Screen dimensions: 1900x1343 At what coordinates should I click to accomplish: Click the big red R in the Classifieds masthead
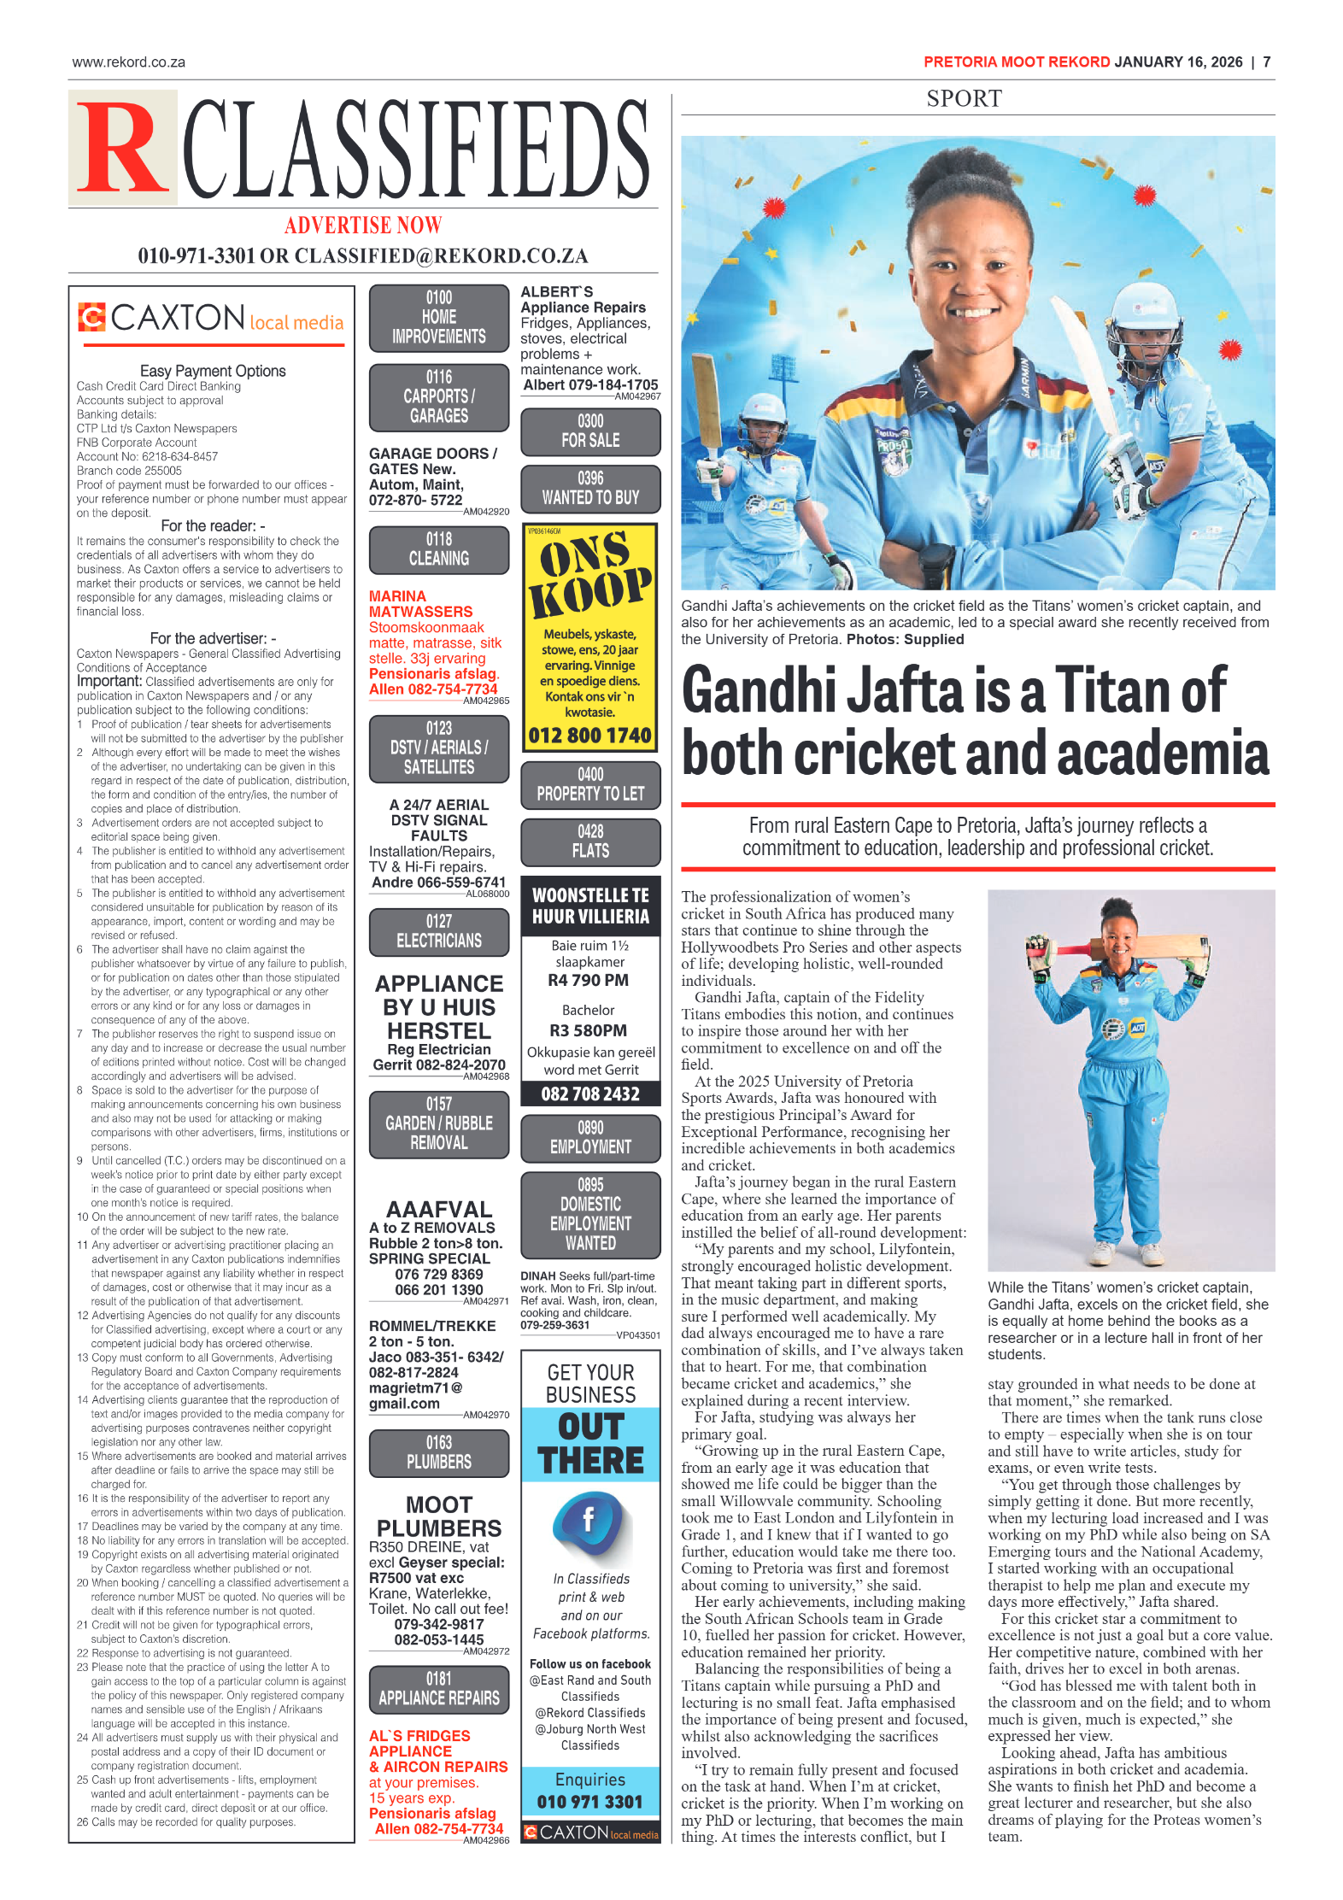[x=122, y=149]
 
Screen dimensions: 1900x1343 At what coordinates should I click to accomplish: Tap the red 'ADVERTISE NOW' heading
[x=363, y=226]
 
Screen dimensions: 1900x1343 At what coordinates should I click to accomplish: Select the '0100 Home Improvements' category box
[x=439, y=318]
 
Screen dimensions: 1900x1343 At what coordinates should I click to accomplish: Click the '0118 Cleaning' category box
[x=439, y=549]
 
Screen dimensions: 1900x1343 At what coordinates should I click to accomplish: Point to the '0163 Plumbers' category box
[x=439, y=1453]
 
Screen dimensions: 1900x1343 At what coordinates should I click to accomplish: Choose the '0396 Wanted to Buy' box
[x=590, y=489]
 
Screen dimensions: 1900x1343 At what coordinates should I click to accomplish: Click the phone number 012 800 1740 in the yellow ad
[x=589, y=736]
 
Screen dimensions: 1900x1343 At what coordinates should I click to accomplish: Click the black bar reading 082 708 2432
[x=590, y=1094]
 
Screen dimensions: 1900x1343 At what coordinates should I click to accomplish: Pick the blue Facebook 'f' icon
[x=589, y=1520]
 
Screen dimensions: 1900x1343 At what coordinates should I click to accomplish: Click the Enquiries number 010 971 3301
[x=589, y=1802]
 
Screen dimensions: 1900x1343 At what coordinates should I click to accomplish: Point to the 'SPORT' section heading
[x=964, y=99]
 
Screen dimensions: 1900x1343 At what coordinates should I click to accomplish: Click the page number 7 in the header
[x=1266, y=62]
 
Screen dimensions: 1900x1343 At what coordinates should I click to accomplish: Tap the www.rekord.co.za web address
[x=129, y=62]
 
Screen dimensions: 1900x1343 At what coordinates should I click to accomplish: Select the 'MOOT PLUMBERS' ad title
[x=439, y=1516]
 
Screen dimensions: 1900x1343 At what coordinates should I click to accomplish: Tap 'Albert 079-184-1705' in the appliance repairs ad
[x=590, y=385]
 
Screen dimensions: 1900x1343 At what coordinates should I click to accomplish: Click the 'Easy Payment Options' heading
[x=213, y=372]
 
